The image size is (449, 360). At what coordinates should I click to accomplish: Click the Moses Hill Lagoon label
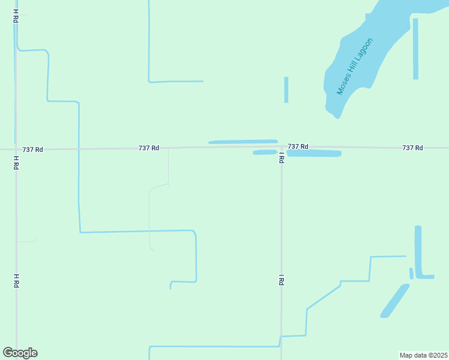pyautogui.click(x=355, y=67)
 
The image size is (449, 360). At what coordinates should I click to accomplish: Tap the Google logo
pyautogui.click(x=20, y=353)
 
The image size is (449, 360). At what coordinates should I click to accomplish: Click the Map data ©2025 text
pyautogui.click(x=423, y=355)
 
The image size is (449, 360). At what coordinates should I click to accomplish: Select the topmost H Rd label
pyautogui.click(x=16, y=16)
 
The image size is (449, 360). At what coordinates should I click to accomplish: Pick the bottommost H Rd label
pyautogui.click(x=16, y=280)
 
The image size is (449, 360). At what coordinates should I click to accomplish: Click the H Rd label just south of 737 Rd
pyautogui.click(x=16, y=163)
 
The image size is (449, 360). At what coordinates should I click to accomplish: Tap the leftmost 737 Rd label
pyautogui.click(x=32, y=149)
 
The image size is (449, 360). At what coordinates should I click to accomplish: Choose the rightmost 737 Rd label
pyautogui.click(x=412, y=148)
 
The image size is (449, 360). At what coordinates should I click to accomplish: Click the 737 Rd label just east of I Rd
pyautogui.click(x=298, y=146)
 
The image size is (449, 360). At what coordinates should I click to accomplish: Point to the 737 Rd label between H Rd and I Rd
pyautogui.click(x=148, y=148)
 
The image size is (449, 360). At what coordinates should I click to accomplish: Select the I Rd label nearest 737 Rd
pyautogui.click(x=281, y=158)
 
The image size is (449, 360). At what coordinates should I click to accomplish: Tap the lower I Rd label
pyautogui.click(x=281, y=280)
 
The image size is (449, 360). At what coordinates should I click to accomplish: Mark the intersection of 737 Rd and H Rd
pyautogui.click(x=16, y=149)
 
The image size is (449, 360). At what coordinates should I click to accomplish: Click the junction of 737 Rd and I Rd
pyautogui.click(x=282, y=147)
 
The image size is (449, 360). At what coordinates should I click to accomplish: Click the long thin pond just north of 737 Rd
pyautogui.click(x=243, y=142)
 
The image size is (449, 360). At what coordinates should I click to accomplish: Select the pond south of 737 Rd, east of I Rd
pyautogui.click(x=314, y=154)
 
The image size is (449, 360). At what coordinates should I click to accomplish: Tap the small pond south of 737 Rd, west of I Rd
pyautogui.click(x=264, y=152)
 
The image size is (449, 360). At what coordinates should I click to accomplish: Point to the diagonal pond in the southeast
pyautogui.click(x=394, y=301)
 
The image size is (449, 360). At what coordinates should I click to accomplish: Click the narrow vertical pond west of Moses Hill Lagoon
pyautogui.click(x=286, y=89)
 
